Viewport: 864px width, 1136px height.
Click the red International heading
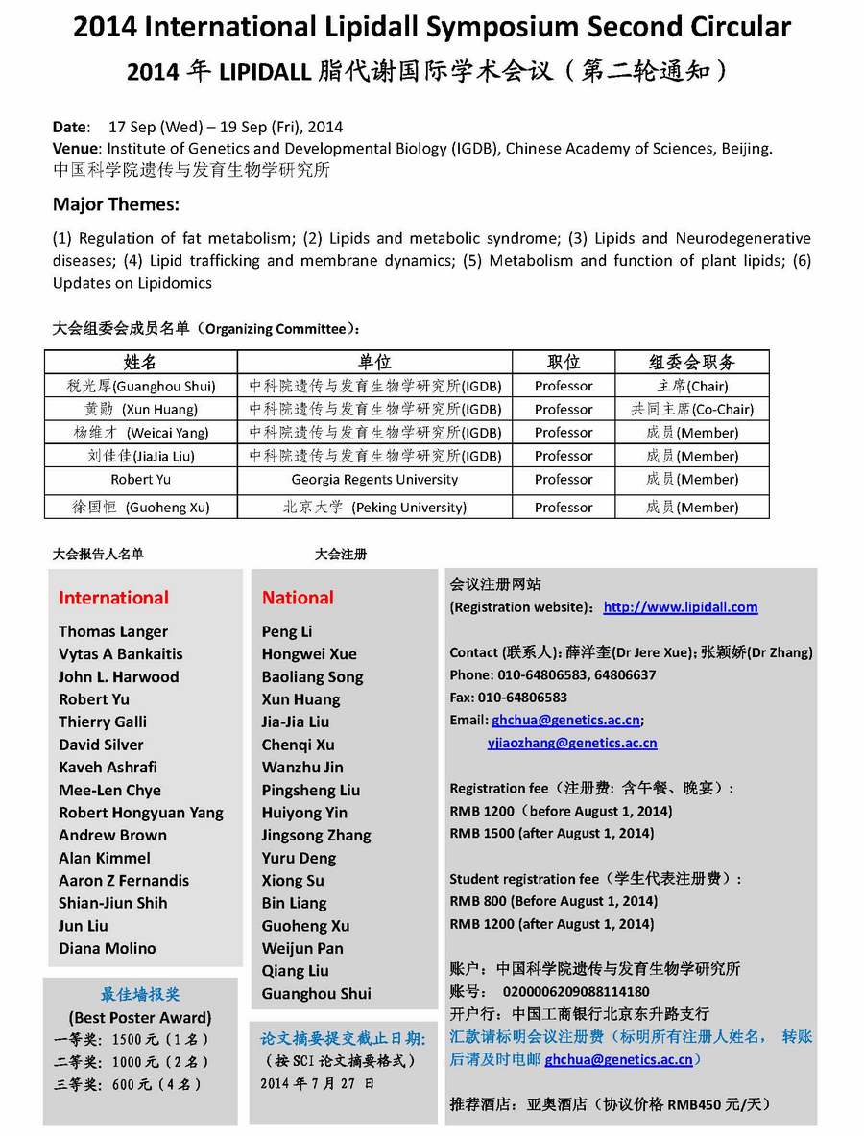pyautogui.click(x=113, y=598)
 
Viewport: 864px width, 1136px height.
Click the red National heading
pyautogui.click(x=298, y=598)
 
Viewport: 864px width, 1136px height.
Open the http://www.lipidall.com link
pyautogui.click(x=681, y=607)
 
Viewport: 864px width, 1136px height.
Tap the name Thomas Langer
pyautogui.click(x=113, y=631)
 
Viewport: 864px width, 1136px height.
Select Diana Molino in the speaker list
pyautogui.click(x=108, y=948)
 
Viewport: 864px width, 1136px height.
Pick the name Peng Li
pyautogui.click(x=287, y=631)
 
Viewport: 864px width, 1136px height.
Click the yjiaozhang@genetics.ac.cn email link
pyautogui.click(x=573, y=743)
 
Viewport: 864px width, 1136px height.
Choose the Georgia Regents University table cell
pyautogui.click(x=374, y=480)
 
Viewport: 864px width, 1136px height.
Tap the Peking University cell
pyautogui.click(x=374, y=507)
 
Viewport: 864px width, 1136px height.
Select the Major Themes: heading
pyautogui.click(x=116, y=204)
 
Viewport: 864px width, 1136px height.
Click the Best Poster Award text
pyautogui.click(x=140, y=1017)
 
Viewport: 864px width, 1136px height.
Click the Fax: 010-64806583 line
pyautogui.click(x=509, y=698)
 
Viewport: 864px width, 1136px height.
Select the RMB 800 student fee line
pyautogui.click(x=553, y=901)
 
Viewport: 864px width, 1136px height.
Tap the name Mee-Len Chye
pyautogui.click(x=109, y=790)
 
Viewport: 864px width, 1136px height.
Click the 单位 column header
pyautogui.click(x=374, y=362)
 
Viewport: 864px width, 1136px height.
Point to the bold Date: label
pyautogui.click(x=70, y=127)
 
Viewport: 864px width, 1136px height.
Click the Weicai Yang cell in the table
pyautogui.click(x=141, y=433)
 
